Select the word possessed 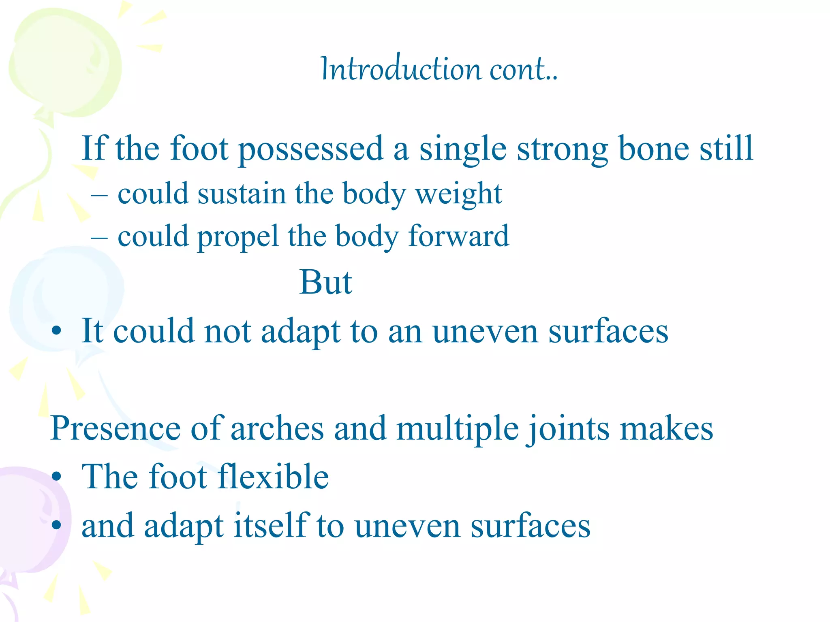click(x=311, y=149)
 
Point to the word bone click(x=654, y=149)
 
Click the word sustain click(x=242, y=194)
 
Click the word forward click(x=458, y=236)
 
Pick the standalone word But click(x=325, y=282)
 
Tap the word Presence click(x=116, y=428)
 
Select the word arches click(x=277, y=428)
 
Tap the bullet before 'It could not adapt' click(x=57, y=331)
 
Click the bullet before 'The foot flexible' click(x=57, y=477)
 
